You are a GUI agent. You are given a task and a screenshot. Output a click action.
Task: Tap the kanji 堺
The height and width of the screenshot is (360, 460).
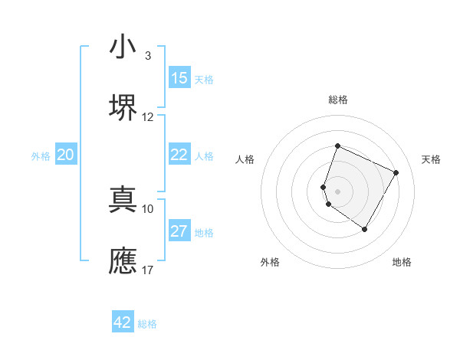coord(123,107)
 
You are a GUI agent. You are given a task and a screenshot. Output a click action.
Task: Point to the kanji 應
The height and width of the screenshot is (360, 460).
coord(123,260)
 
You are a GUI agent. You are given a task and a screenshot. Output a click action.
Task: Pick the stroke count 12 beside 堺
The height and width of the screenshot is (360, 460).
coord(148,117)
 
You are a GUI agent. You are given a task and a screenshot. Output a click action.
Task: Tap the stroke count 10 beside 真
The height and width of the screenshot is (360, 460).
coord(148,208)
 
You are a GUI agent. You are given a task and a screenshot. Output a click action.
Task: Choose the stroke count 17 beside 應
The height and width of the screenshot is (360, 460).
coord(148,270)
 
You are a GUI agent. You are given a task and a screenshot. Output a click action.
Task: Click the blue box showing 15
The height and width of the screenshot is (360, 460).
coord(179,78)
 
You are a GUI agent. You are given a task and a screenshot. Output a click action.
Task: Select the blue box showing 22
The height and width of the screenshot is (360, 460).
coord(179,155)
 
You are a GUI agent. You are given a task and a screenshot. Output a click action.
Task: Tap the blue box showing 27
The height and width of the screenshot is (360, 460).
coord(179,231)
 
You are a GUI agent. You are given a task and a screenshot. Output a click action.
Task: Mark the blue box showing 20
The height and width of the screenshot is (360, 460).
coord(66,155)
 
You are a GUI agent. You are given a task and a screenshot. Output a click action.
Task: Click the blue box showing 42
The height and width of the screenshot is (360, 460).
coord(123,322)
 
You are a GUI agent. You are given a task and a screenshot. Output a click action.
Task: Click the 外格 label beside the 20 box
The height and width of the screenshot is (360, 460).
coord(41,156)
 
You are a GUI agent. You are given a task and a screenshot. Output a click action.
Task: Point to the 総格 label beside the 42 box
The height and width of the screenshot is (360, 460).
coord(147,324)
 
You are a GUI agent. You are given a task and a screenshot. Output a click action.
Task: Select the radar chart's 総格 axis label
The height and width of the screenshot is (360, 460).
coord(338,100)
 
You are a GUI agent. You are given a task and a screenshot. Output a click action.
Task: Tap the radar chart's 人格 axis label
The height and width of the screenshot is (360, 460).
coord(245,159)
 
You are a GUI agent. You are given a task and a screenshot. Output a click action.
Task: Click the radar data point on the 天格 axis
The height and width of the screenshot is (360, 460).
coord(396,172)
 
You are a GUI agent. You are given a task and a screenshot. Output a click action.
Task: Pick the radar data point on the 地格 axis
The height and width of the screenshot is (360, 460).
coord(365,229)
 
